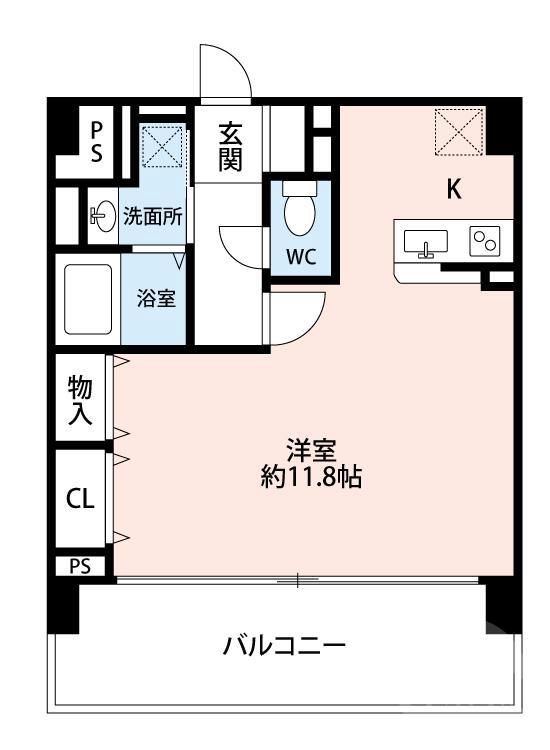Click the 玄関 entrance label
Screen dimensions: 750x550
(231, 145)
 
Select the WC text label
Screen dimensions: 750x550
(301, 255)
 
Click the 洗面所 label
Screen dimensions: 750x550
(152, 217)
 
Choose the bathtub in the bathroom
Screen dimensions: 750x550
(88, 298)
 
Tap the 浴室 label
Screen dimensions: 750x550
(156, 298)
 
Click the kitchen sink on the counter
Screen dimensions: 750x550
(427, 242)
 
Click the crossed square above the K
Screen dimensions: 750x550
(459, 132)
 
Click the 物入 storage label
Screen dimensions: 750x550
(81, 400)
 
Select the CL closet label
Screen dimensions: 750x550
(81, 499)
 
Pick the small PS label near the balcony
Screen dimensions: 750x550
(80, 566)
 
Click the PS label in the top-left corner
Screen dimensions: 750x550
(97, 142)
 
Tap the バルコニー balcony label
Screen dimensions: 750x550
(284, 645)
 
